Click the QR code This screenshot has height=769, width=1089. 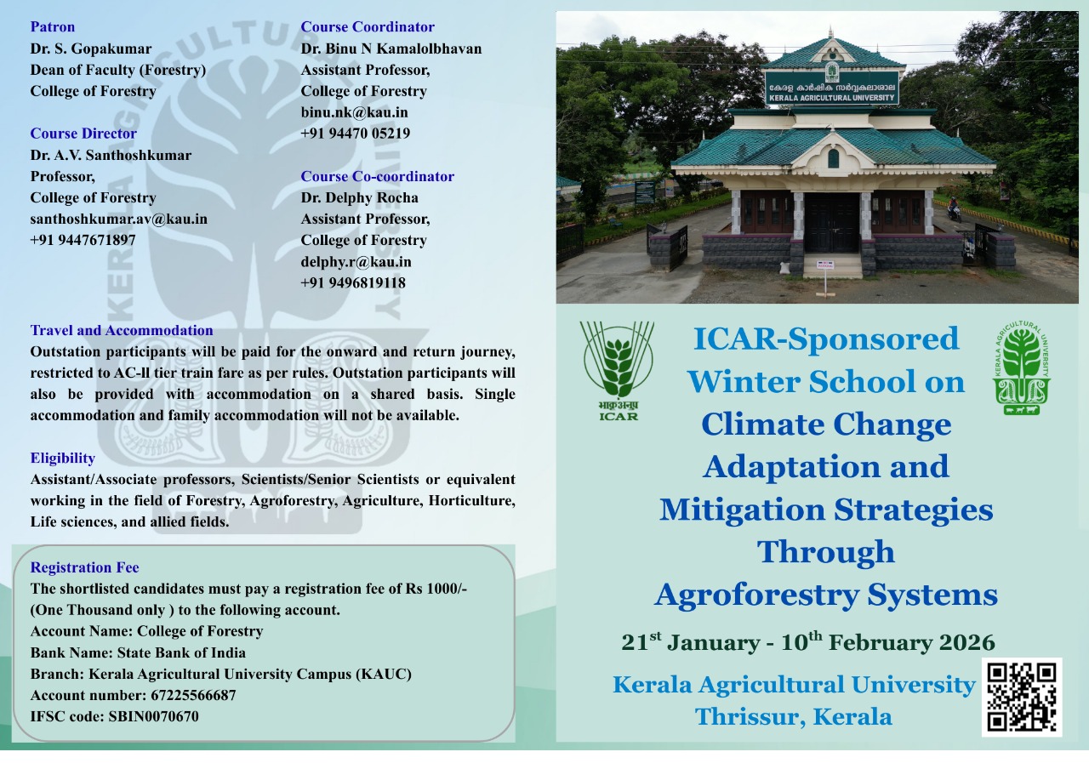point(1021,697)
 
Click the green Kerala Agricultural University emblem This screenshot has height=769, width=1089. point(1022,368)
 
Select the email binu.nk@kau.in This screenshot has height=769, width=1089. point(355,112)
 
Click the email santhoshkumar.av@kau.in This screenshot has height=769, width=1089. point(118,219)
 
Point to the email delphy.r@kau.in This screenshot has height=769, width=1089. point(356,261)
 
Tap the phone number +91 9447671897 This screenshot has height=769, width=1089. point(83,240)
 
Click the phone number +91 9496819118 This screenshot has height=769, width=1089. point(353,283)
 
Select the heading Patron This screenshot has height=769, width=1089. point(53,26)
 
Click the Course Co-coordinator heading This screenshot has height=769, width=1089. point(377,176)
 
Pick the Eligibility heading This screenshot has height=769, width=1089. point(63,458)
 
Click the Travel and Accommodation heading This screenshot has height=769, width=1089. point(122,331)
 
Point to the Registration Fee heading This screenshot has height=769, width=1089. point(84,567)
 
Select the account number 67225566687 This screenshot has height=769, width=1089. point(193,695)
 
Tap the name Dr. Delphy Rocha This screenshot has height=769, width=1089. point(359,198)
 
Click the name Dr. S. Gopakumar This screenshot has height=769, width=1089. point(91,48)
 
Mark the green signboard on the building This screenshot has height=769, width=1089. point(832,88)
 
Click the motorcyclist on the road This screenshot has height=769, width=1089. point(954,209)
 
